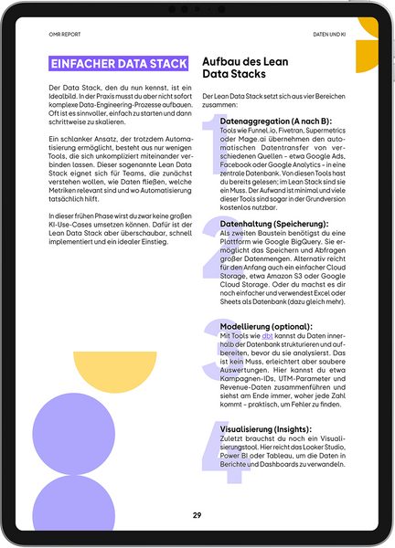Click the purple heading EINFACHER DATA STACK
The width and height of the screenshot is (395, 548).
click(x=114, y=65)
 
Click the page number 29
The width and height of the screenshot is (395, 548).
click(x=197, y=515)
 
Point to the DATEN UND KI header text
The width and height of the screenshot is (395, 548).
click(x=328, y=35)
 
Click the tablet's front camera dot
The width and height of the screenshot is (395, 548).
click(x=197, y=9)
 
